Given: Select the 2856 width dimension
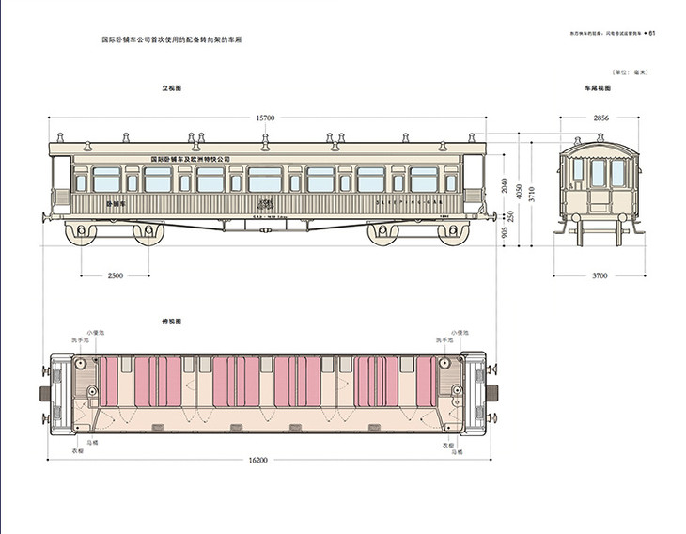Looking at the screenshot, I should pyautogui.click(x=596, y=118).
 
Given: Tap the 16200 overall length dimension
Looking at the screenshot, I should pyautogui.click(x=258, y=460).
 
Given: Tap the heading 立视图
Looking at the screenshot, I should pyautogui.click(x=171, y=88).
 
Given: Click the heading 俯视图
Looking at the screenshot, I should pyautogui.click(x=171, y=322).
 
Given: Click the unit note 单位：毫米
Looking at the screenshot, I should pyautogui.click(x=631, y=71).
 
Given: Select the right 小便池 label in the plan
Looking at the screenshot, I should pyautogui.click(x=459, y=332).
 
